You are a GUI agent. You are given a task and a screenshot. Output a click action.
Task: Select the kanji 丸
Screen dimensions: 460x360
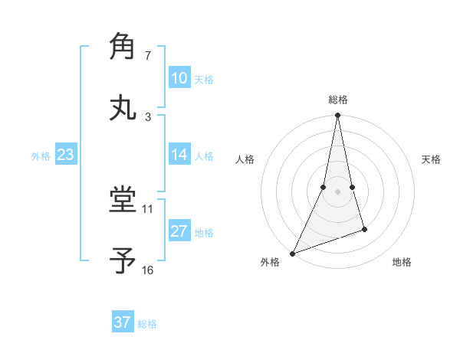point(123,106)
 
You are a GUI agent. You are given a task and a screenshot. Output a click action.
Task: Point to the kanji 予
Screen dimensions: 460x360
point(123,261)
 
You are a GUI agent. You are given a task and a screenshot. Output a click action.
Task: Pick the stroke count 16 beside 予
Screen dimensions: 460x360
point(148,270)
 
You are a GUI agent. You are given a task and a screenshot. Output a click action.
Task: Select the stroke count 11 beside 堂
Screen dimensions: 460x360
point(148,208)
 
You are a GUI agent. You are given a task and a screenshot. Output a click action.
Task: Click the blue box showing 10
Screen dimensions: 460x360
point(179,78)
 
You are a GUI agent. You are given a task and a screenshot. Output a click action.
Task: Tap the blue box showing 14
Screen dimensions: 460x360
point(179,155)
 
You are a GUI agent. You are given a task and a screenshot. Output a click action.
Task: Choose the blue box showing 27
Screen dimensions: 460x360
point(179,231)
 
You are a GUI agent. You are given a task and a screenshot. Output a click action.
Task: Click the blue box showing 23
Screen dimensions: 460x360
point(65,155)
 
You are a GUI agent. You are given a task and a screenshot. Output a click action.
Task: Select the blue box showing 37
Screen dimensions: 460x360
point(123,322)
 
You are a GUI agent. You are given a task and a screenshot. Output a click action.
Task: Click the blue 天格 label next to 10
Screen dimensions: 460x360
point(204,79)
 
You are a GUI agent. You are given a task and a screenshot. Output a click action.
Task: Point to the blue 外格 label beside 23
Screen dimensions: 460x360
point(41,155)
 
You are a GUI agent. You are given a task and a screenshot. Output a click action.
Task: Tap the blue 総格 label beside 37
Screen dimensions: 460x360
point(147,323)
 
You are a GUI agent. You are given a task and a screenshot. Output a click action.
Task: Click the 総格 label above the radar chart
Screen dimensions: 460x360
point(338,100)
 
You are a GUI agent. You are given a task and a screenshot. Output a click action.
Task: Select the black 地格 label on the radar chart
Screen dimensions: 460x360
point(402,263)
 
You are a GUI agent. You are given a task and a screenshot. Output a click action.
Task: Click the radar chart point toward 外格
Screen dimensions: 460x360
point(292,254)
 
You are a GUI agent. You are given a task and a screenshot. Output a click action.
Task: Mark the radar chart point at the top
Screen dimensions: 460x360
point(337,115)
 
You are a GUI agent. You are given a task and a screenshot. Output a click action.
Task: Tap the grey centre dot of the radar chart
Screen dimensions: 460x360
point(337,191)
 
